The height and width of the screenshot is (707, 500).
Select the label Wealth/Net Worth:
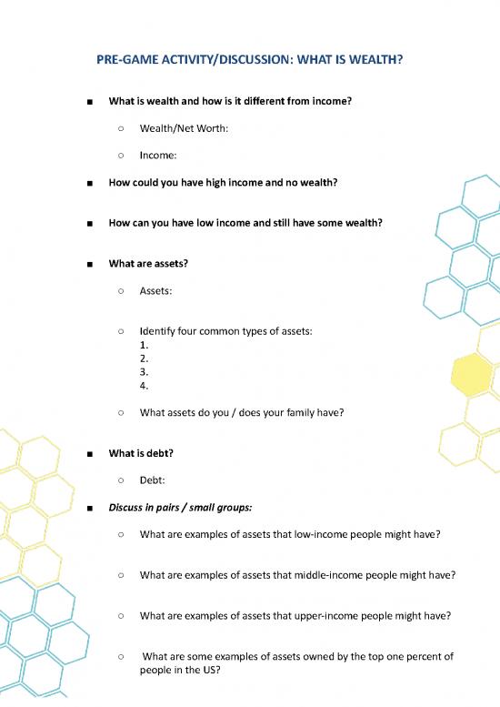point(184,128)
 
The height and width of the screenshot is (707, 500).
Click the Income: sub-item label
point(158,156)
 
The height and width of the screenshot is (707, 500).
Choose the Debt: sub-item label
point(153,480)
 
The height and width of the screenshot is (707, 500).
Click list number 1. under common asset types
point(145,345)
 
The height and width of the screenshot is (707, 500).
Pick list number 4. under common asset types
point(145,385)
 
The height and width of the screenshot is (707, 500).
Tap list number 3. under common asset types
point(145,371)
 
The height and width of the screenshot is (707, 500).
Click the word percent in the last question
point(403,655)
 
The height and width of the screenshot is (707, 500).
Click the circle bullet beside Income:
point(121,156)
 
